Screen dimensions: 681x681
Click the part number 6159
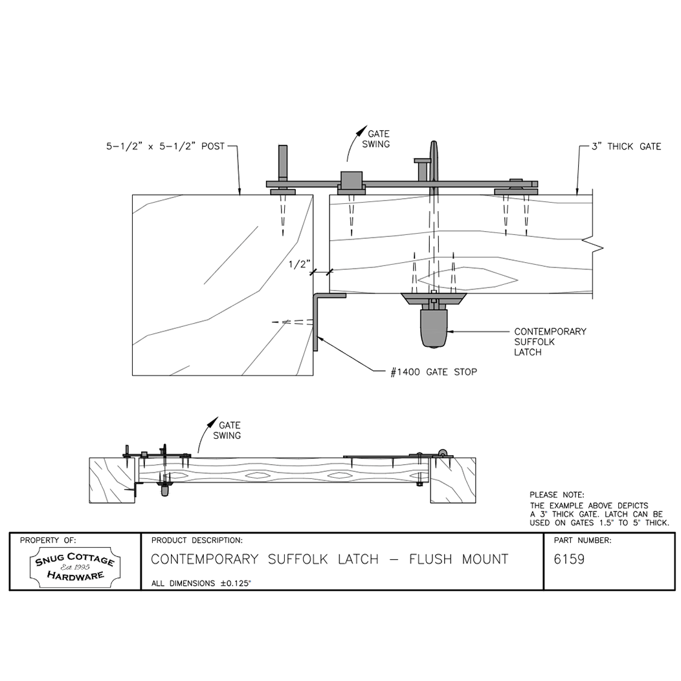569,559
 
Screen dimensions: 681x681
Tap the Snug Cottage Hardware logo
74,567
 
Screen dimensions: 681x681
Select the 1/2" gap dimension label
300,264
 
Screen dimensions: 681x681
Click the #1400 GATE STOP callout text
434,372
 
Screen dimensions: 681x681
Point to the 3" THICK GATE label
626,146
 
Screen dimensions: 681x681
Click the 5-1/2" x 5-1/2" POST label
166,146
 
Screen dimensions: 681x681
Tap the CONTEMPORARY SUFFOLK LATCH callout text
550,342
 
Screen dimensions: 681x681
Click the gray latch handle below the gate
434,328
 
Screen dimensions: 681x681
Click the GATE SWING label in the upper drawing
377,139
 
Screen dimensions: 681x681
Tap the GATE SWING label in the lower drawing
228,430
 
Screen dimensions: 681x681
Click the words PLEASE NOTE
557,495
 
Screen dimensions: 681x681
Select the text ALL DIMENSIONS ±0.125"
201,583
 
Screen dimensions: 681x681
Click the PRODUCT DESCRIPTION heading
197,541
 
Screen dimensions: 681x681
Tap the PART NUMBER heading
583,541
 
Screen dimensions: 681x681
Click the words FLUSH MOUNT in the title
458,559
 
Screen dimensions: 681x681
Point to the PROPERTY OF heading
48,541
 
